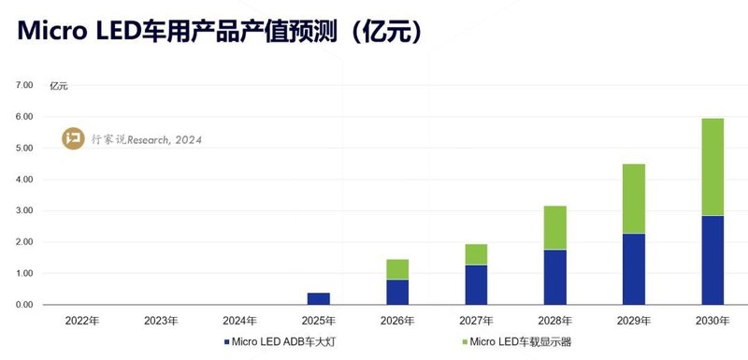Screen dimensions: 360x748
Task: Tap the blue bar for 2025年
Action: [319, 298]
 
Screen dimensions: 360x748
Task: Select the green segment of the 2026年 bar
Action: [397, 269]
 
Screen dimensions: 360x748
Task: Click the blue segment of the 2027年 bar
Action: [476, 284]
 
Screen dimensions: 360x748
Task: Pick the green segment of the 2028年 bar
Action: [554, 227]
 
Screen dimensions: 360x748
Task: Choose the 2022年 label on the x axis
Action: [82, 321]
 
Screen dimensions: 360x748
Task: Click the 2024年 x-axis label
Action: [239, 321]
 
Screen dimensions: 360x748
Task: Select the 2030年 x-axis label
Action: [712, 321]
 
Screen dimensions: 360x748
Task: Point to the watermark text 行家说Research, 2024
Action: [146, 140]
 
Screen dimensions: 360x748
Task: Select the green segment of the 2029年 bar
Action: [633, 198]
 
